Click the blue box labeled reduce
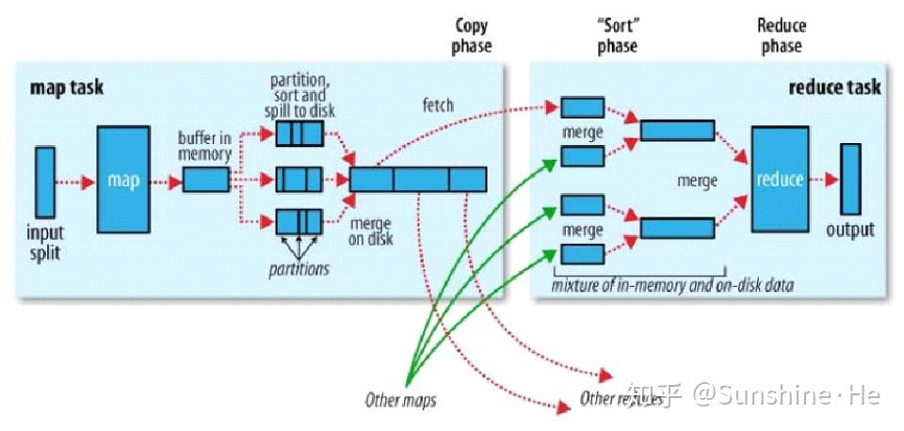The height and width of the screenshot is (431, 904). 780,179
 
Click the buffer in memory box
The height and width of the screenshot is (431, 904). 205,179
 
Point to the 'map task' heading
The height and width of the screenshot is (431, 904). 67,88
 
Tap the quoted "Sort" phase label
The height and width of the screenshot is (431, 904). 617,36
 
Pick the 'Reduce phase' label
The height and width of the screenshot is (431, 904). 782,36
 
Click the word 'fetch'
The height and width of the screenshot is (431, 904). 437,105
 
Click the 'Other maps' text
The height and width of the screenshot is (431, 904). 400,400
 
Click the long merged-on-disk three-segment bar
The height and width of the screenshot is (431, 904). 418,179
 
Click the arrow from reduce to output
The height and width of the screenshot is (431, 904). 824,179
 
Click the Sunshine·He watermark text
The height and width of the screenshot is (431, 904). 786,395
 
